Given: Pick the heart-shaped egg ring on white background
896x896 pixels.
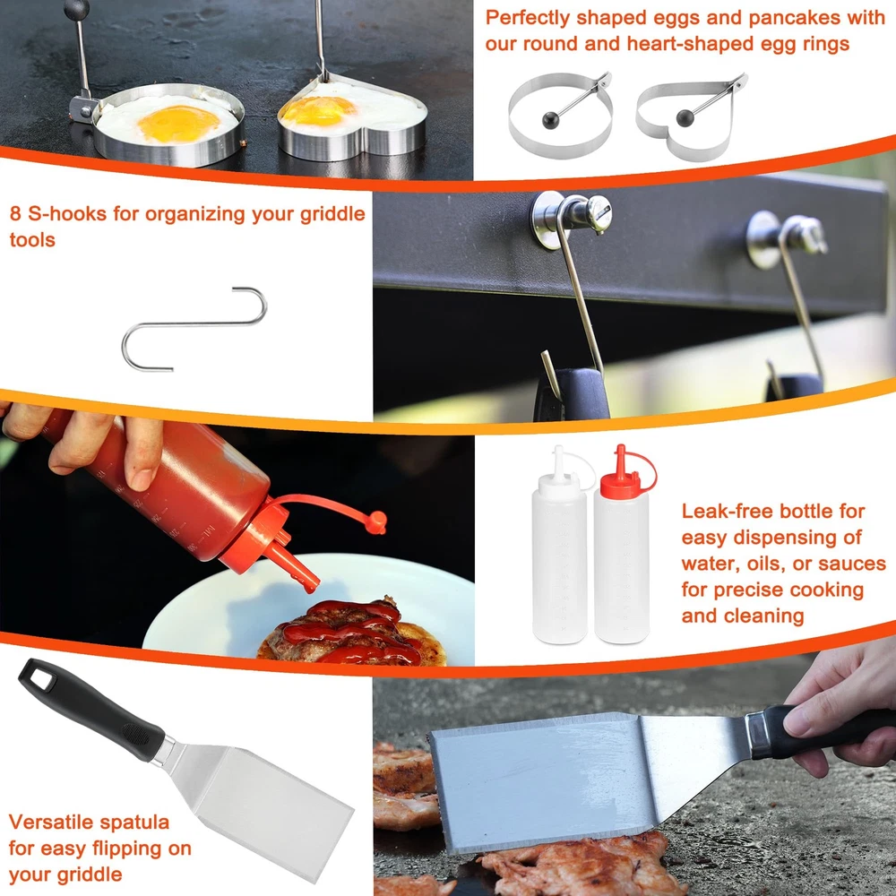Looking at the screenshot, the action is (691, 117).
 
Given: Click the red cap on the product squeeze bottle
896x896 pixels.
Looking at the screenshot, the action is (627, 473).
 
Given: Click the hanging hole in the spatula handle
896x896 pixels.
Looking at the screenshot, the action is (40, 677).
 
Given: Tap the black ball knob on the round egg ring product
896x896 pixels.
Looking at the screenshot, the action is (550, 121).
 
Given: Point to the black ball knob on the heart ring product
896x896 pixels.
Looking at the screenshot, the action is (685, 117).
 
